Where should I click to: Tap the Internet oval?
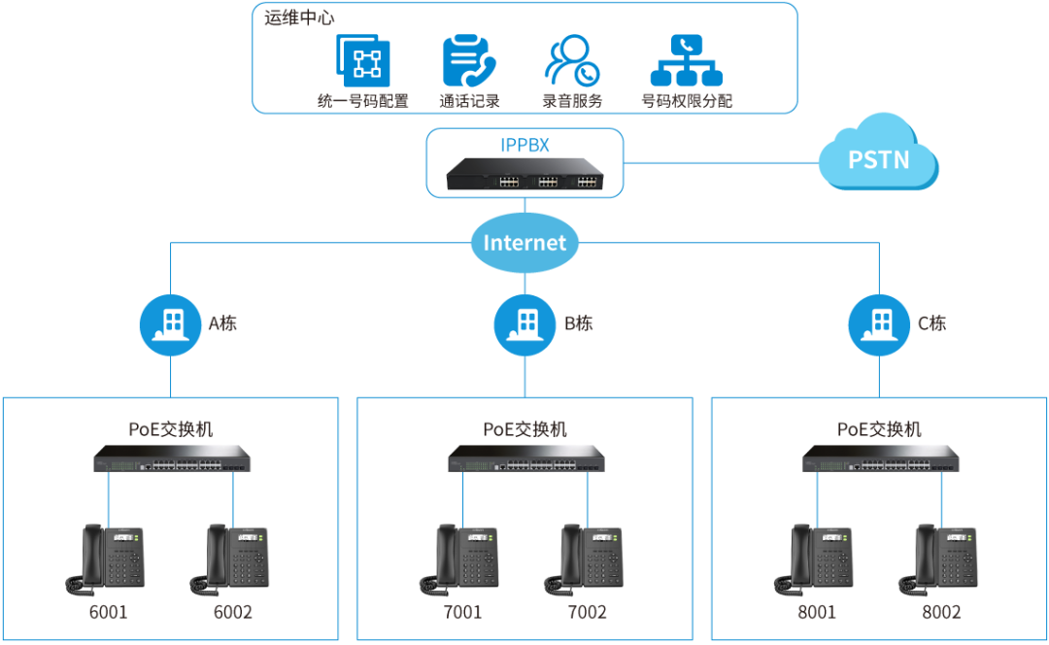tap(524, 242)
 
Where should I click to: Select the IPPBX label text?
tap(524, 145)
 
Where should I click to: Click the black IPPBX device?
tap(524, 175)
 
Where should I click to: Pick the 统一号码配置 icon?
tap(363, 61)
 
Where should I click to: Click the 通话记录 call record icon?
tap(469, 61)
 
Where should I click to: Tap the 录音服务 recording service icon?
tap(572, 61)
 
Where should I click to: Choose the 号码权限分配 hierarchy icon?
tap(687, 61)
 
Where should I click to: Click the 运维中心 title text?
tap(299, 18)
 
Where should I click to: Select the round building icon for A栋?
tap(171, 325)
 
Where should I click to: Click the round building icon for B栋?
tap(524, 325)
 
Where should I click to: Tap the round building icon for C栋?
tap(879, 325)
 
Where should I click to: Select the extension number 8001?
tap(817, 612)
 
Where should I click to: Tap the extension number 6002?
tap(233, 612)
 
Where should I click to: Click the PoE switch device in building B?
tap(526, 458)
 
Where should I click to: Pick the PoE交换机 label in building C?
tap(879, 429)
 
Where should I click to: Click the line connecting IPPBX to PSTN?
tap(722, 162)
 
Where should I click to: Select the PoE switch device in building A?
tap(172, 458)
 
